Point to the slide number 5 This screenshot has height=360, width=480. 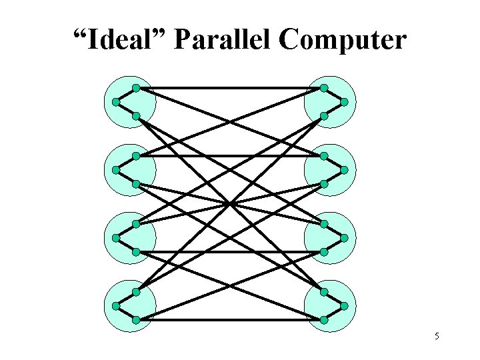437,337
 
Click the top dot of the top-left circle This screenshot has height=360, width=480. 135,88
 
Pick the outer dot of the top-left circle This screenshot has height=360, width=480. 116,102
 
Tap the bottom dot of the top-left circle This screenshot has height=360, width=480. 135,116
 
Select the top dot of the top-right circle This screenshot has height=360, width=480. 324,88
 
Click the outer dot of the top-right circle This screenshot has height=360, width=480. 344,102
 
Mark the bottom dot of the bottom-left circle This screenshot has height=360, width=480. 135,320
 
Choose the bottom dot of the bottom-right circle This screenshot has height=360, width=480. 324,320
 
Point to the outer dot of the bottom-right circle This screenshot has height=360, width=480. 344,306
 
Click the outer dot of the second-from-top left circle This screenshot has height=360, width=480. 116,170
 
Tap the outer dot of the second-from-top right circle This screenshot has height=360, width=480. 344,170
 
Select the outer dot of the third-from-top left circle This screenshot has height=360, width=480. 116,238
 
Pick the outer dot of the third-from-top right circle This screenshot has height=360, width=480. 344,238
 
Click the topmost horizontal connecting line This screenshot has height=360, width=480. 229,88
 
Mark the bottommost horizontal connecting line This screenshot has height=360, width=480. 229,320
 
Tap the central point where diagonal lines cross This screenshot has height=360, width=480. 230,203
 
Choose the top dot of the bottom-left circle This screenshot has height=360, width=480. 135,292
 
